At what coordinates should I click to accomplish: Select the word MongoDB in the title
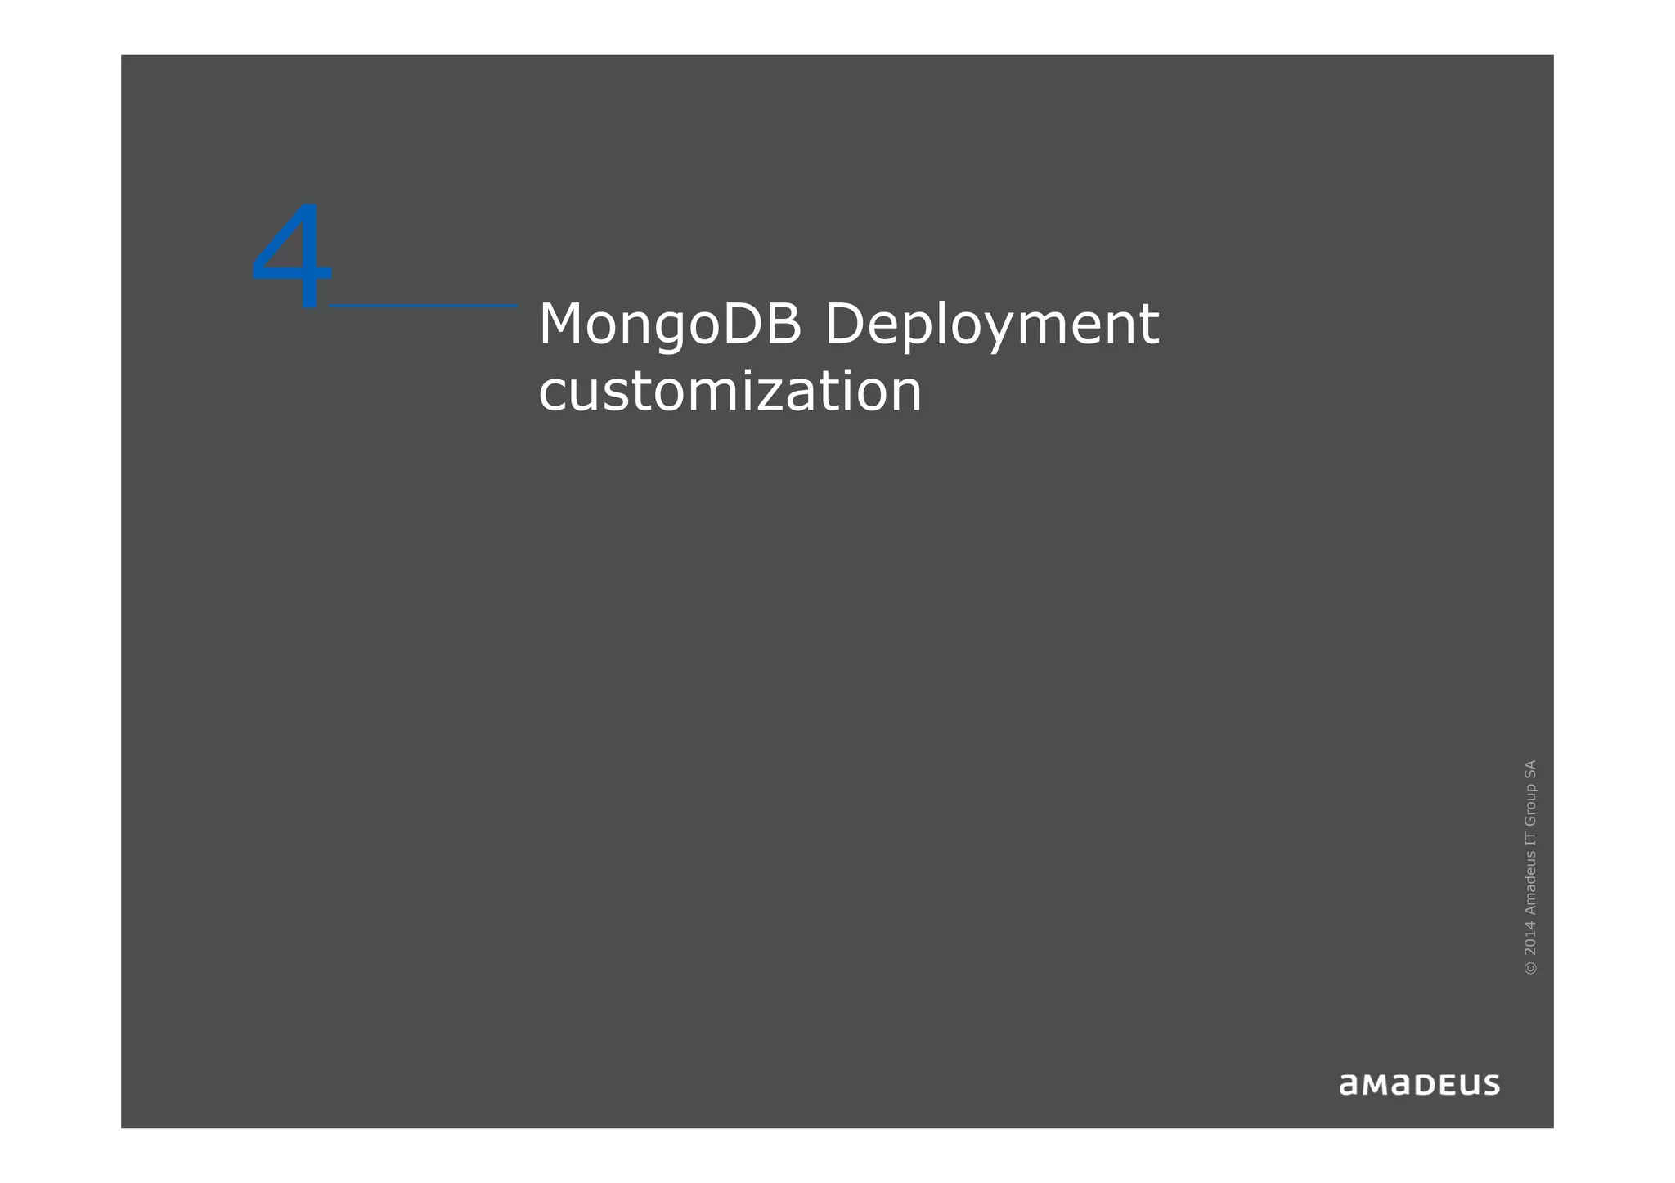669,325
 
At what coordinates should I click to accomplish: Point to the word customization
730,392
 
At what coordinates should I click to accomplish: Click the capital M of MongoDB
565,324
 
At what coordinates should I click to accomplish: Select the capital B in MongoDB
785,324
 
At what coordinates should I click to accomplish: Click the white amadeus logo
1419,1084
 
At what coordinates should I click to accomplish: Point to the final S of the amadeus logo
1490,1085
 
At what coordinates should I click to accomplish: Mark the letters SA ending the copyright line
1530,769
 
